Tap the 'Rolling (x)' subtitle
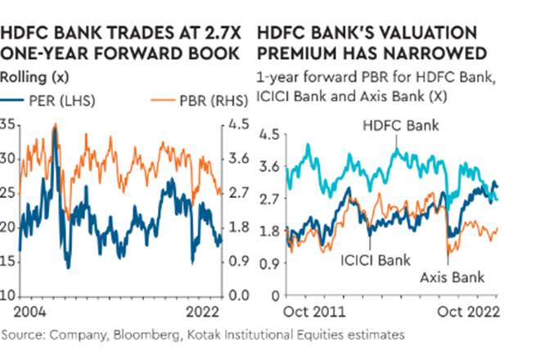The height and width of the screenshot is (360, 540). [x=32, y=79]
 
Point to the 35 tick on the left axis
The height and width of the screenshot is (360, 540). [x=8, y=124]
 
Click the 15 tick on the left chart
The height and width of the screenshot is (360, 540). [x=8, y=261]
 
